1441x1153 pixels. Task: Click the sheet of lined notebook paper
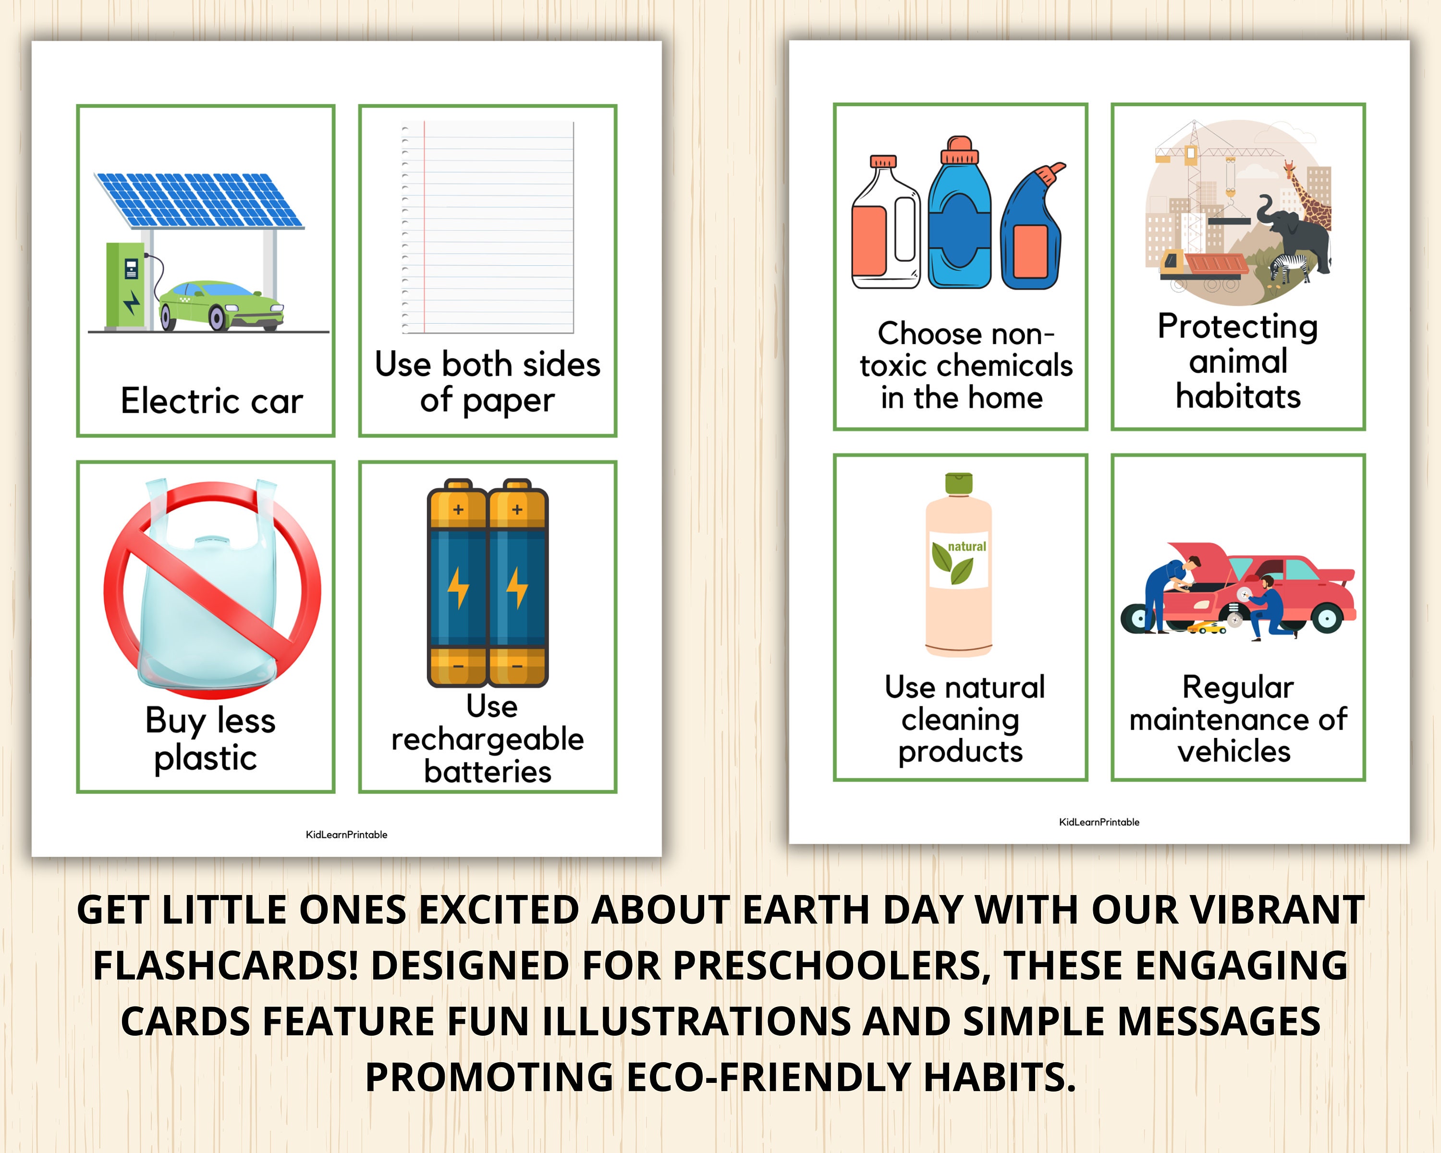pos(488,227)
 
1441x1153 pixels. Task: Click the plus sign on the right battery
pos(517,509)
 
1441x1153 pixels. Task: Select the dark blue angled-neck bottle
pos(1031,231)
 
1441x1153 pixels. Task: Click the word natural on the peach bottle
pos(966,546)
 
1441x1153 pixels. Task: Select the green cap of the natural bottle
pos(958,483)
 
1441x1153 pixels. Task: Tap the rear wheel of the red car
pos(1327,618)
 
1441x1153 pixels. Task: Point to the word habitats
pos(1238,396)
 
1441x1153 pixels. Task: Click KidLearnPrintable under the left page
pos(346,834)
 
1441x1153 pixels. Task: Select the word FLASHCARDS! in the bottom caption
pos(225,965)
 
